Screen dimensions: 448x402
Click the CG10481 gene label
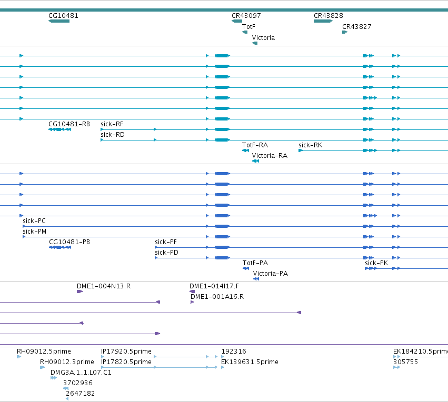coord(63,16)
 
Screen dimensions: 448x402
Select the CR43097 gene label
coord(246,16)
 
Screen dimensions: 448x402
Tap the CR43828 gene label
coord(328,16)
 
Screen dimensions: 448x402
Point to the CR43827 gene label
coord(356,27)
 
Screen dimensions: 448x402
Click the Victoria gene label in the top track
coord(263,38)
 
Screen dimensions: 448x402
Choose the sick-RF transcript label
coord(112,124)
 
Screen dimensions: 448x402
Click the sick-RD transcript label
coord(112,135)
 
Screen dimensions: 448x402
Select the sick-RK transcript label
coord(310,145)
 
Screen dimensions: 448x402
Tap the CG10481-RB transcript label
coord(69,124)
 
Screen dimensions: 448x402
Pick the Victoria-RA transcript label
coord(270,156)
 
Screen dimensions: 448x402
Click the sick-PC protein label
coord(34,221)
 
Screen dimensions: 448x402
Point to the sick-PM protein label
coord(34,232)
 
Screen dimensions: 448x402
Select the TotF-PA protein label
coord(255,263)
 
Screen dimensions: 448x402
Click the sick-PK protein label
coord(376,263)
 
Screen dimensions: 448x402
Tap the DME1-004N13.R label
coord(104,286)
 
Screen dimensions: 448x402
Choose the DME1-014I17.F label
coord(214,286)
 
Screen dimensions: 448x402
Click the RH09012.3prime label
coord(67,362)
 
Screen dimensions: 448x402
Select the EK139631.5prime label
coord(250,362)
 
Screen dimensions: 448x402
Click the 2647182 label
coord(81,394)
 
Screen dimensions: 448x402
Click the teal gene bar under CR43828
coord(323,21)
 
